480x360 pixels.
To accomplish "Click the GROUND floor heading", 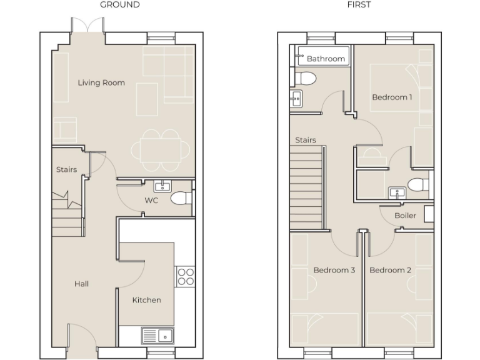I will (x=120, y=5).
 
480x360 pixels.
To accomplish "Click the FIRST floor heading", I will (x=359, y=5).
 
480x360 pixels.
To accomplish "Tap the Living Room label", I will (x=101, y=82).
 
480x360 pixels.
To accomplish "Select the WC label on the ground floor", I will (x=151, y=201).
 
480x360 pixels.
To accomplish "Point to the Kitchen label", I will (x=147, y=300).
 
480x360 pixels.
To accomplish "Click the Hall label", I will (x=82, y=284).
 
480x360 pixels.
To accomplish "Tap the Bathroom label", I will (x=326, y=59).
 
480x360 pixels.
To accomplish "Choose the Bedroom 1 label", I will (x=392, y=97).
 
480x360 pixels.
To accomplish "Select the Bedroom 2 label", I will (x=390, y=270).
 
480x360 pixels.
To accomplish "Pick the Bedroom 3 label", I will (x=334, y=270).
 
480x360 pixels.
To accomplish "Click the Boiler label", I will (x=405, y=216).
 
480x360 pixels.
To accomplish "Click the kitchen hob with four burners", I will (x=186, y=276).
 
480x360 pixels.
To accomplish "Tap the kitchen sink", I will (x=157, y=336).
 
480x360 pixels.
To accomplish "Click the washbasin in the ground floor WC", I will (x=162, y=186).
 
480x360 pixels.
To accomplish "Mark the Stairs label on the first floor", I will (x=306, y=141).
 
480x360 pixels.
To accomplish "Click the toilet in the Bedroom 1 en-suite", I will (x=417, y=184).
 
